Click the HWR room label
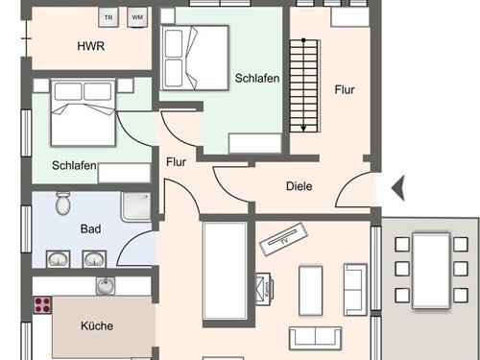point(91,46)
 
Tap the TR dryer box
point(108,17)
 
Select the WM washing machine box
point(137,17)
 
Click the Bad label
point(90,228)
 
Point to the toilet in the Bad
point(63,203)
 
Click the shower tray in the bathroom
point(136,206)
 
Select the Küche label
point(97,325)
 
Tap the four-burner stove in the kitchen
point(42,304)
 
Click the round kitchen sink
point(106,286)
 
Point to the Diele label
point(300,186)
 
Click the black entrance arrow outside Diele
point(398,188)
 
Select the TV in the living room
point(283,239)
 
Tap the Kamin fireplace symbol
point(264,289)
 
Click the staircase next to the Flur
point(305,85)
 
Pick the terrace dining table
point(431,271)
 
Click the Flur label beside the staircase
point(345,89)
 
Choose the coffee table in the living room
point(310,290)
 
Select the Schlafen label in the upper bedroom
point(257,78)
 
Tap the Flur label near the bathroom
point(176,162)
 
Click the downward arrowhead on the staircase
point(303,129)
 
